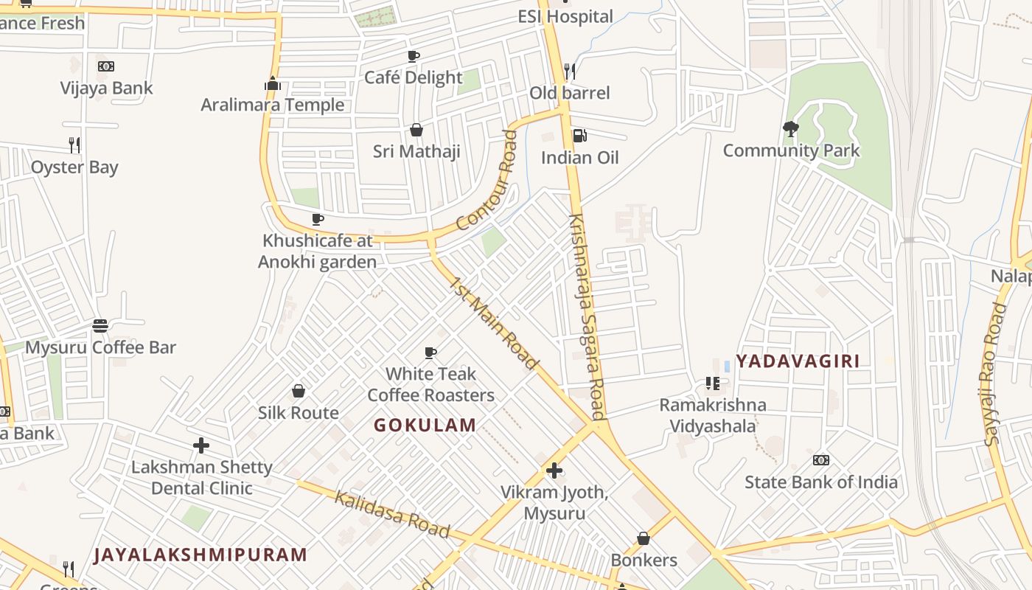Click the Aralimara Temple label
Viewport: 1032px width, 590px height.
point(272,105)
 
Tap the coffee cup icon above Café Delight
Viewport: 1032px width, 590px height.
point(414,56)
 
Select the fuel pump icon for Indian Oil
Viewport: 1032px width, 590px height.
point(579,136)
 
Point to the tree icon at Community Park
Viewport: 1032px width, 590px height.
point(791,129)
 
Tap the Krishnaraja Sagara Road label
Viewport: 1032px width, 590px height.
point(588,317)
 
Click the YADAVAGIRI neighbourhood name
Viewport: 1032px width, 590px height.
point(798,361)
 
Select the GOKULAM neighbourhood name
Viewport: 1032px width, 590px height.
point(425,426)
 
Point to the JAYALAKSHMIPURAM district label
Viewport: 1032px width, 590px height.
point(201,555)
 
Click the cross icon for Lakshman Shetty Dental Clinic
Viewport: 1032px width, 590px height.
point(201,445)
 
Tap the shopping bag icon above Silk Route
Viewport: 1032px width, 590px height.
point(299,391)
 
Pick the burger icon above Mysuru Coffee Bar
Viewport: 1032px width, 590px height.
point(100,325)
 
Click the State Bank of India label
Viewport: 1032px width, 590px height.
point(821,482)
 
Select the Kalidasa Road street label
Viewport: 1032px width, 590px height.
point(392,514)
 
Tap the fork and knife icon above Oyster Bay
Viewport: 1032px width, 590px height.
point(74,145)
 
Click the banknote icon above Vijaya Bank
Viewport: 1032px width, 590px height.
point(106,66)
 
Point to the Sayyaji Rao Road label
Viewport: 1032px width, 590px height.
point(995,374)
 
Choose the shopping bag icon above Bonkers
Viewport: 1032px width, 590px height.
point(644,538)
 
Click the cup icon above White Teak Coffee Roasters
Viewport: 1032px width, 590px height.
point(430,353)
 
